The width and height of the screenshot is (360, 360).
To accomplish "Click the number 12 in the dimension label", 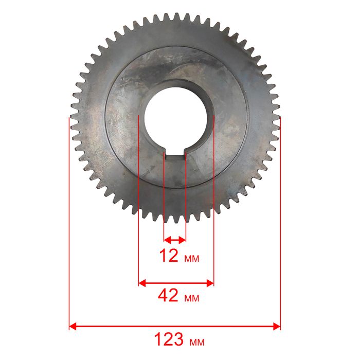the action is [169, 256].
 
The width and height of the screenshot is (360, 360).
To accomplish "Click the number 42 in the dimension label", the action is [168, 296].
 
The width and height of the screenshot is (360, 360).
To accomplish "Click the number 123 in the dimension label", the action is [169, 339].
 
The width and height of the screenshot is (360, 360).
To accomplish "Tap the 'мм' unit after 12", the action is [192, 259].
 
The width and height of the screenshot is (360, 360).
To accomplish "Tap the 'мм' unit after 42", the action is [192, 298].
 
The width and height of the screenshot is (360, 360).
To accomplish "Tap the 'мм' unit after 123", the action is [197, 343].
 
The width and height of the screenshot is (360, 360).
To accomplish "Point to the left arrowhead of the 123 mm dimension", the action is [73, 326].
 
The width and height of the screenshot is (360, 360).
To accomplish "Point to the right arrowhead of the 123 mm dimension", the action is [277, 326].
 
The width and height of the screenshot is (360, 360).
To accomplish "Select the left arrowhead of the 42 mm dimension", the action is [142, 283].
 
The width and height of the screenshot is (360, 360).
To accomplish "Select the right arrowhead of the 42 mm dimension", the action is [210, 283].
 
